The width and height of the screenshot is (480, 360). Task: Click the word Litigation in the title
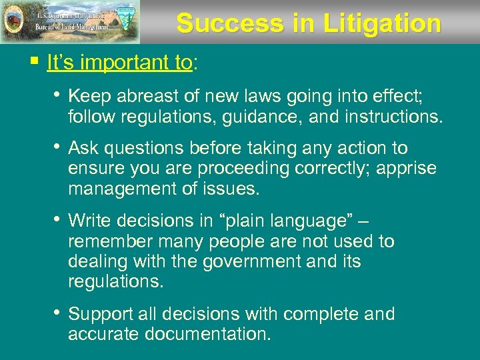pos(382,24)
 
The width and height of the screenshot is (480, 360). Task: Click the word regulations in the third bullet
pos(115,281)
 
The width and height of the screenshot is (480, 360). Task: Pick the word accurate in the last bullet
pos(102,333)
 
